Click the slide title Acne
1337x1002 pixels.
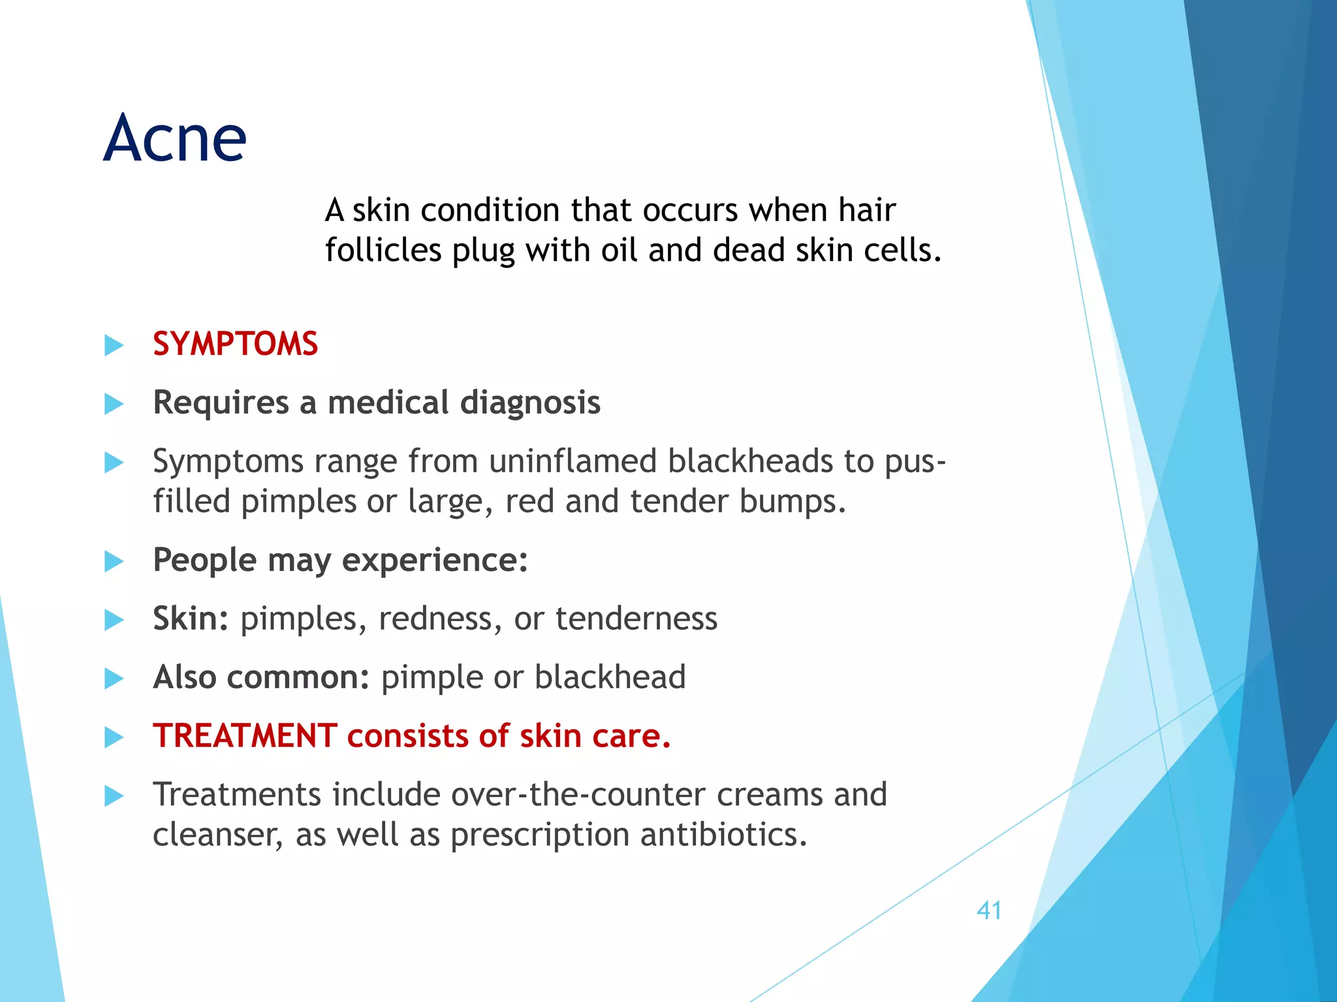(175, 138)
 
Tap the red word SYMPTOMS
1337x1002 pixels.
(235, 344)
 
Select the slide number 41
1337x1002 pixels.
(989, 910)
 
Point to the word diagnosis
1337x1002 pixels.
(530, 402)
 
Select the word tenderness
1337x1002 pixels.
(636, 618)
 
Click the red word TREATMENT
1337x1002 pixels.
(245, 736)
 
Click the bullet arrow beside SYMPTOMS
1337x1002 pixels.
(114, 345)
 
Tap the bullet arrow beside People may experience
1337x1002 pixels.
(114, 561)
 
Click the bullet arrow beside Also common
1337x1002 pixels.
(114, 678)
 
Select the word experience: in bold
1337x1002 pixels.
(435, 560)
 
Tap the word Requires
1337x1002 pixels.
(221, 402)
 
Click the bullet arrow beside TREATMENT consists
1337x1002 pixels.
(114, 737)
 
